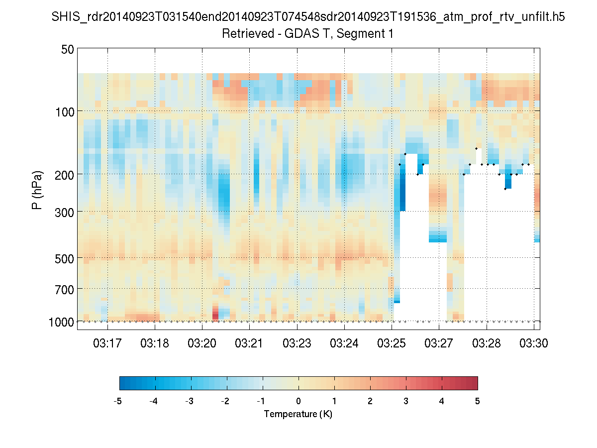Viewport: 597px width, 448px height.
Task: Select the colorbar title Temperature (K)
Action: tap(298, 414)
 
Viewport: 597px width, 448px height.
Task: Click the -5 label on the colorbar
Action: tap(118, 401)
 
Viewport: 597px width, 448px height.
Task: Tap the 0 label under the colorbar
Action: tap(298, 401)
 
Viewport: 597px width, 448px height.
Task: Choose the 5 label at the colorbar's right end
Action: tap(478, 401)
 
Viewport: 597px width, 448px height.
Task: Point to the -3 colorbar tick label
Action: tap(190, 401)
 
